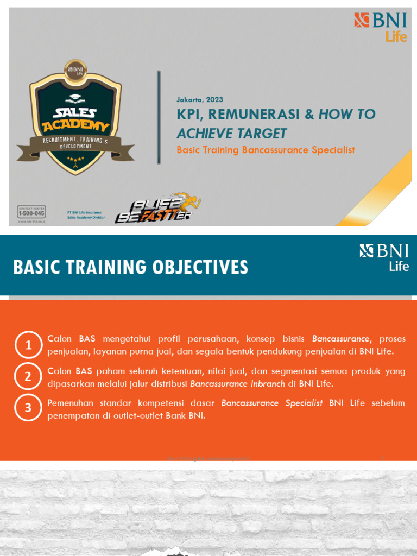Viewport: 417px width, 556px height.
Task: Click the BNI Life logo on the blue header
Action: click(x=384, y=257)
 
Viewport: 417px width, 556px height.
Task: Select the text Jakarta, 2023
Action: click(x=200, y=100)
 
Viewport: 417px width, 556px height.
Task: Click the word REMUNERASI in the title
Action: click(x=254, y=115)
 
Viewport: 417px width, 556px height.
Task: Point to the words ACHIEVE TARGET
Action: click(x=232, y=134)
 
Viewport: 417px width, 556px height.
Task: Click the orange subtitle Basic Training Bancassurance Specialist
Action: click(x=266, y=150)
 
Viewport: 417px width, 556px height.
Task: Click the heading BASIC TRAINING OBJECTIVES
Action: click(x=130, y=267)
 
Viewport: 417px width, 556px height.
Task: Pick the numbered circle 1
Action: click(x=28, y=345)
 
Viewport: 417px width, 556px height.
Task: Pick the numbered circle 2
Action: click(x=28, y=376)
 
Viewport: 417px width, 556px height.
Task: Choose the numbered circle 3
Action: click(x=28, y=408)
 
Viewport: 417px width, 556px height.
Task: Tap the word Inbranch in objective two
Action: click(x=265, y=384)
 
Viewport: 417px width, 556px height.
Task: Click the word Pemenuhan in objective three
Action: click(x=70, y=403)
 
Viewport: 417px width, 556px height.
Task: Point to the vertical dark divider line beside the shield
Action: click(x=159, y=117)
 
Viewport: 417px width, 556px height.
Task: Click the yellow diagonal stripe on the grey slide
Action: click(x=380, y=190)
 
